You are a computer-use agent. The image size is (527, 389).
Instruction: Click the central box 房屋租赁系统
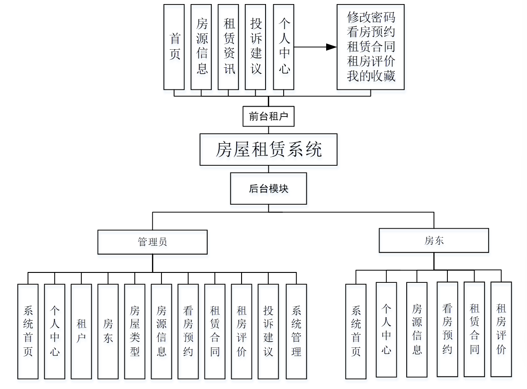(268, 149)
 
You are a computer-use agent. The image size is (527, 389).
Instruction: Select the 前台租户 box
(268, 117)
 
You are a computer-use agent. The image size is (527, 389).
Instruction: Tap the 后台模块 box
(268, 188)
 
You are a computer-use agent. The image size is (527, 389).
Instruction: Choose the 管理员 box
(152, 242)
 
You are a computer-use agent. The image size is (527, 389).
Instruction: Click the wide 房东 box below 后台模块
(433, 240)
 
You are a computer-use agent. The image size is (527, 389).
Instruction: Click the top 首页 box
(174, 47)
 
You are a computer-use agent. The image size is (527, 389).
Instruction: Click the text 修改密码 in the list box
(371, 18)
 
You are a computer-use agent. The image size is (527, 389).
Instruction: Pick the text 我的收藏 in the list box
(371, 76)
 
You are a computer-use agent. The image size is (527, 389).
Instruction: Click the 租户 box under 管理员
(81, 331)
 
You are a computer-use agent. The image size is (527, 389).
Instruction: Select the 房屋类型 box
(135, 331)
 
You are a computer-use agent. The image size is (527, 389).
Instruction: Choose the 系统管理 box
(296, 331)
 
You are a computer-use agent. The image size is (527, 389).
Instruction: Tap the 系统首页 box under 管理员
(28, 331)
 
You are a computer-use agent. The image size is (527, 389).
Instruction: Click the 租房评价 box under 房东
(501, 329)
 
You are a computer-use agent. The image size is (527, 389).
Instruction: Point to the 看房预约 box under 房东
(447, 329)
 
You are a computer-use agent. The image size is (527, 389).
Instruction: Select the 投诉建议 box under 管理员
(268, 331)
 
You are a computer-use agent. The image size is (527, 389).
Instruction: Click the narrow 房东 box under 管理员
(108, 331)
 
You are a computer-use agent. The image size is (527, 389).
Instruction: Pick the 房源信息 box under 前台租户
(201, 47)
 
